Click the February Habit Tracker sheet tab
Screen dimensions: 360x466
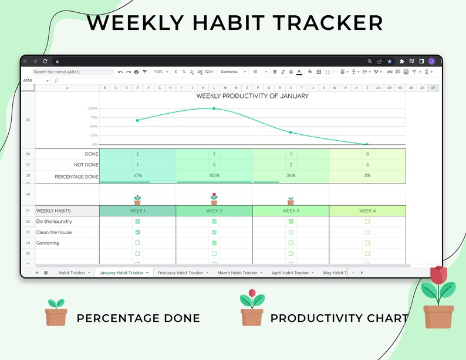[x=180, y=273]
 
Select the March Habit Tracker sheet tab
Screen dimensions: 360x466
[x=237, y=273]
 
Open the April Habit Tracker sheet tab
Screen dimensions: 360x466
[x=290, y=273]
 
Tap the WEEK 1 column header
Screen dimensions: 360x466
[x=137, y=210]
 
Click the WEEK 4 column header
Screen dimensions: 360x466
[x=367, y=210]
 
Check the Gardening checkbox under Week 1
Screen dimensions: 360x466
[x=137, y=243]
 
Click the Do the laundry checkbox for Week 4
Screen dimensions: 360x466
[x=367, y=222]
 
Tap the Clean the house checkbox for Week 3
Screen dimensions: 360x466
[x=291, y=232]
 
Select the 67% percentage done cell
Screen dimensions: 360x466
[x=137, y=176]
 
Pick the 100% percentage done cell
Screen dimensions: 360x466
[x=214, y=176]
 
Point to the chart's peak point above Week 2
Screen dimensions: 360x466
[x=214, y=108]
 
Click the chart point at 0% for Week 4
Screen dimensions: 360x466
[x=367, y=144]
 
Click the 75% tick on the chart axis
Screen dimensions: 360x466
[x=93, y=117]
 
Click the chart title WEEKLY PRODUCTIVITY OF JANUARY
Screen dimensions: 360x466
[x=252, y=96]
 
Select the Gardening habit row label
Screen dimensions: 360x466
[x=48, y=243]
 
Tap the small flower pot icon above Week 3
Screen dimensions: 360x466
[x=291, y=201]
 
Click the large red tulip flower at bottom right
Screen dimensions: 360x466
[x=438, y=276]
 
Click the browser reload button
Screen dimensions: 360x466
[x=45, y=61]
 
